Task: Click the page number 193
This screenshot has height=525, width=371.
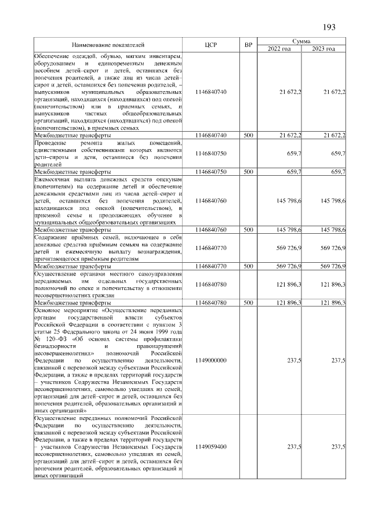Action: click(x=329, y=27)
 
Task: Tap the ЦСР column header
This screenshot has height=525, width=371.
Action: click(x=211, y=45)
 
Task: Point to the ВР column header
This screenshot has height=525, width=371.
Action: click(x=248, y=45)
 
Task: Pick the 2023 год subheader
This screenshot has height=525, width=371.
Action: click(x=323, y=48)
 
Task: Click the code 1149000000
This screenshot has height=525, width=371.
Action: click(x=211, y=360)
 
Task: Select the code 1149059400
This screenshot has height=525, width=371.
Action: click(x=211, y=447)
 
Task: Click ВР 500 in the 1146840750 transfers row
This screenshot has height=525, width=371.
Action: click(x=248, y=172)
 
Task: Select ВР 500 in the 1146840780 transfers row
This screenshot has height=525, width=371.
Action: click(x=248, y=303)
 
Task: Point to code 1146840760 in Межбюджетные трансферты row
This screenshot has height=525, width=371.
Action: click(x=211, y=230)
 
